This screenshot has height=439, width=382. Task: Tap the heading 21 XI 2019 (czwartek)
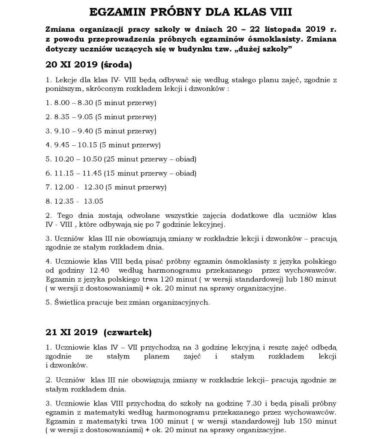click(98, 332)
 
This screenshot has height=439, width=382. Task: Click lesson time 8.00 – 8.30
click(72, 103)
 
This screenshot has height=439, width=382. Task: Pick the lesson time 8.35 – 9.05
click(72, 117)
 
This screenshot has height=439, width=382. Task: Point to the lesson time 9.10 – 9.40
click(72, 131)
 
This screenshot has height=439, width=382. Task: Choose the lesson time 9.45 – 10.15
click(74, 145)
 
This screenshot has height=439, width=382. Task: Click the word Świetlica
click(67, 302)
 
